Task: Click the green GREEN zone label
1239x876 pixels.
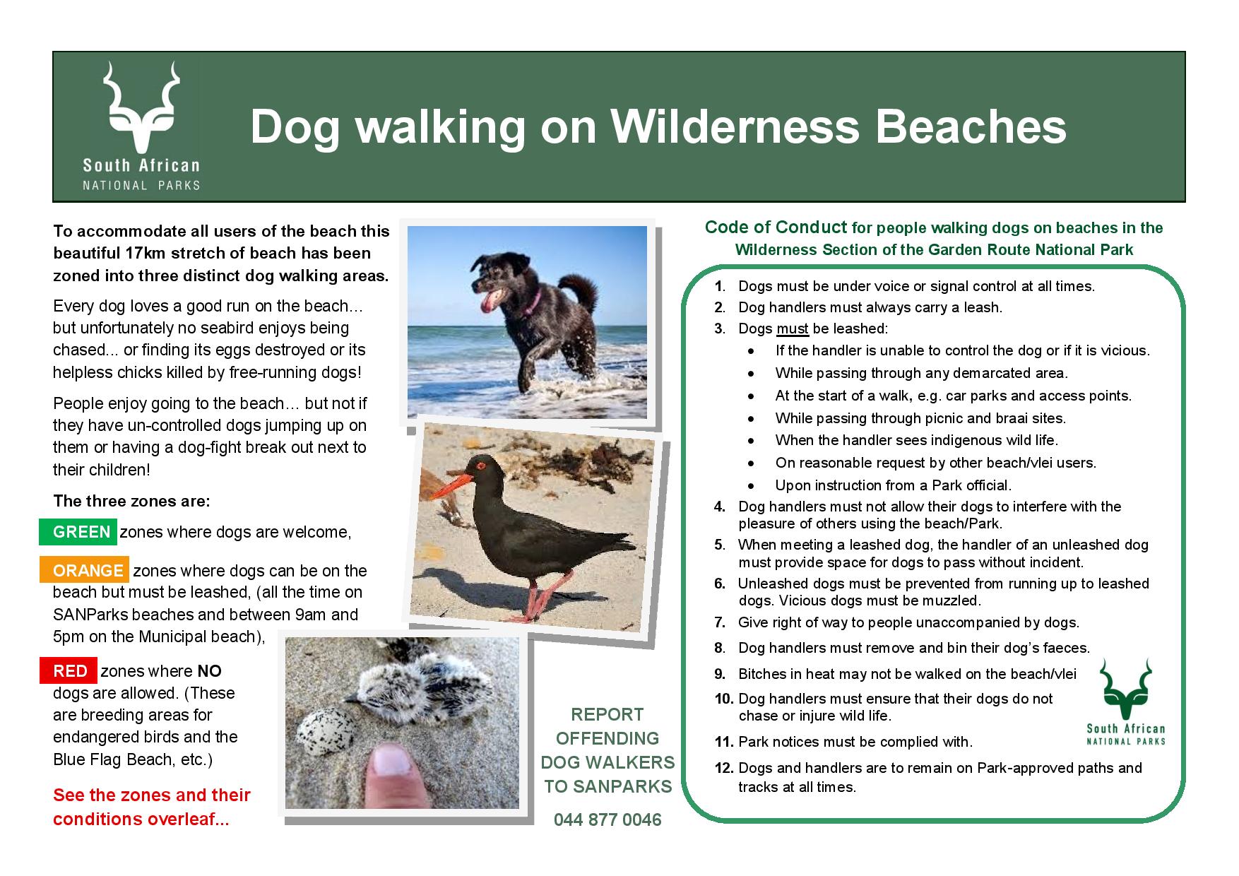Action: (78, 532)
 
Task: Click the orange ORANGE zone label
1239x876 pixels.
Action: (84, 570)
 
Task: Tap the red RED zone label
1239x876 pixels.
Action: (68, 671)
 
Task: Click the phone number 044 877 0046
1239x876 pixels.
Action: (607, 820)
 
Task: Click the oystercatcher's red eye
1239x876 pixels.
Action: (482, 466)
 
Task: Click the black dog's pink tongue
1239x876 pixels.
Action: (487, 304)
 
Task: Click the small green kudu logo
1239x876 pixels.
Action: (1125, 689)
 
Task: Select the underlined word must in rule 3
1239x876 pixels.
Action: (793, 329)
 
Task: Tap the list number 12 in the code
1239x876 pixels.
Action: (723, 768)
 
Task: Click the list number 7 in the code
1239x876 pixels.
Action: (720, 622)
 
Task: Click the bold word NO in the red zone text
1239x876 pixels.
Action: (209, 671)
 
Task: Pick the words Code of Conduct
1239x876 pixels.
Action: (776, 227)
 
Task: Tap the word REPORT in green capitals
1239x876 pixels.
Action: (607, 714)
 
